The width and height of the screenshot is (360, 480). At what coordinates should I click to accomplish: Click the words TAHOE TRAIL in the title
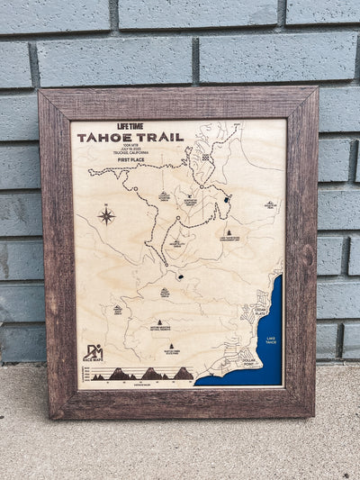coord(130,138)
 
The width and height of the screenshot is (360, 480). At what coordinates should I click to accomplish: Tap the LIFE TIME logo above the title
coord(130,127)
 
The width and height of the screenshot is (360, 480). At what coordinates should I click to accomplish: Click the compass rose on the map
coord(106,216)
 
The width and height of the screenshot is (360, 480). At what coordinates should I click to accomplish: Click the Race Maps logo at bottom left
coord(93,353)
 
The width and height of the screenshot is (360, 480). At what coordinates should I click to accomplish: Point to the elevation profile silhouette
coord(144,374)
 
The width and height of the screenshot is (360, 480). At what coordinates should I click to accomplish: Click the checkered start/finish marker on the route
coord(206,156)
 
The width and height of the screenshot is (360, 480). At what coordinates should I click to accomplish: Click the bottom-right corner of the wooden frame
coord(315,416)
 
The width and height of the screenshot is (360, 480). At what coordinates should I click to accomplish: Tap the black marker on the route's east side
coord(228,200)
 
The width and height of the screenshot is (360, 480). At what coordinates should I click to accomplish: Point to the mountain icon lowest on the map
coord(171,346)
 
